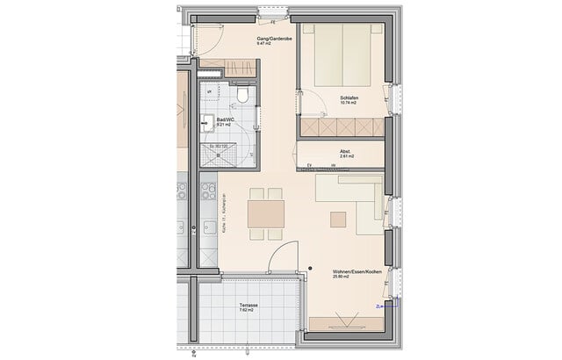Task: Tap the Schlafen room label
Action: (x=349, y=97)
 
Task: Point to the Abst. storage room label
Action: (x=346, y=150)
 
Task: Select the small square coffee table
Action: (x=339, y=217)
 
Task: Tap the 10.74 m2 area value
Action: (x=349, y=104)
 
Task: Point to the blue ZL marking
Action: (x=378, y=306)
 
